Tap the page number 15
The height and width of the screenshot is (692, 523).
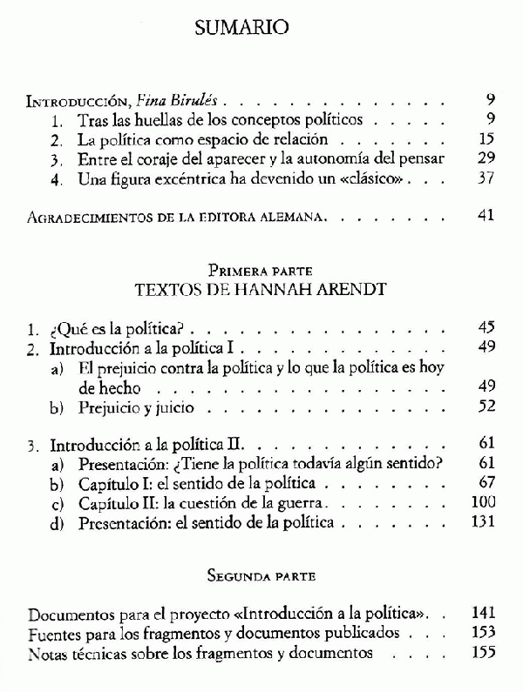486,139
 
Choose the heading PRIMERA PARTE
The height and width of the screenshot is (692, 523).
261,271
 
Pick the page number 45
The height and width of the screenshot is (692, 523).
486,328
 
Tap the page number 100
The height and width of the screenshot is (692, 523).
483,502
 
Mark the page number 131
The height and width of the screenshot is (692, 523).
482,522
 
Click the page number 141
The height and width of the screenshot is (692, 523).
482,612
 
